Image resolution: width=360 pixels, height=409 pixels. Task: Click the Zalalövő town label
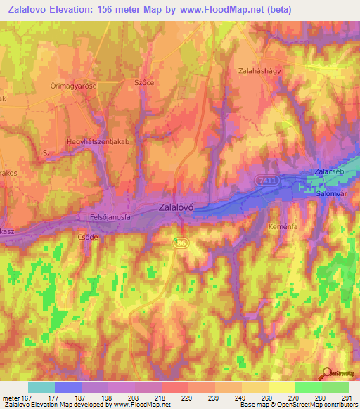[x=176, y=207]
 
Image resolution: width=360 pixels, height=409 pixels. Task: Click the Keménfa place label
[x=284, y=227]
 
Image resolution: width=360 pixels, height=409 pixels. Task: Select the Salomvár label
[x=333, y=193]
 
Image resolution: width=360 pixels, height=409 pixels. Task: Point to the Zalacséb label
[x=330, y=181]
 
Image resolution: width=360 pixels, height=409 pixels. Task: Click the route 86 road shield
[x=181, y=241]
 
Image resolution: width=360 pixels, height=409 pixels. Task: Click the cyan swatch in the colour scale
[x=41, y=387]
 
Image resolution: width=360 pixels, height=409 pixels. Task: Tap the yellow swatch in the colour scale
[x=282, y=387]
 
